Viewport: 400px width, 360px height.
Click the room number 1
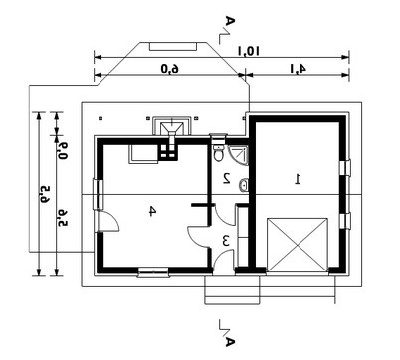tap(298, 179)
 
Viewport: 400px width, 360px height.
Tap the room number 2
tap(227, 178)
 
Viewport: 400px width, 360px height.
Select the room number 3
tap(226, 241)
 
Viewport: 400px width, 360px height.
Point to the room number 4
tap(151, 211)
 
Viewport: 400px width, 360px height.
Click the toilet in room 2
tap(219, 152)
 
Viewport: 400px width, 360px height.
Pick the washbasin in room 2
tap(244, 185)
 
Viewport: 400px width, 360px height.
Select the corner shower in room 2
tap(238, 155)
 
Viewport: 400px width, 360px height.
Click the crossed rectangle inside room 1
tap(298, 246)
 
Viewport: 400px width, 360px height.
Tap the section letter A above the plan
tap(230, 21)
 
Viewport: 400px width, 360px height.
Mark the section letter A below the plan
tap(230, 341)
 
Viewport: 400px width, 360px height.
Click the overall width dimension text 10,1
tap(248, 51)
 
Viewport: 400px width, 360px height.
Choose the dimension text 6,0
tap(170, 69)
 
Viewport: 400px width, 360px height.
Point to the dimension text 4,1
tap(299, 69)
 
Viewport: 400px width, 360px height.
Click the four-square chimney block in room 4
tap(168, 151)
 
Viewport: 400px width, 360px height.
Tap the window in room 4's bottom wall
tap(153, 272)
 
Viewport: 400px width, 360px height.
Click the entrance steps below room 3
tap(232, 290)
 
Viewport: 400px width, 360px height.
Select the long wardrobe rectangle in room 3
tap(243, 236)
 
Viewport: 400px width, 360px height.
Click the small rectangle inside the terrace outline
tap(173, 46)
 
